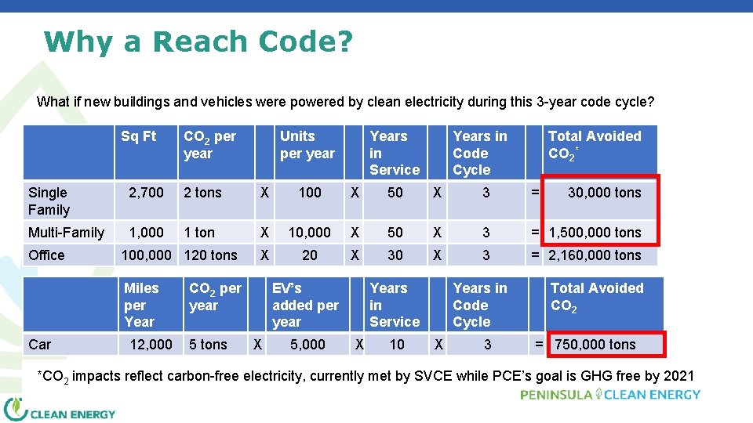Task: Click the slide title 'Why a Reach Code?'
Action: click(198, 42)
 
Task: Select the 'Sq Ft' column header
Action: click(138, 137)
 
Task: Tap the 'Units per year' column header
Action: click(307, 145)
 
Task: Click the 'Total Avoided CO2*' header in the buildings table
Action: click(594, 145)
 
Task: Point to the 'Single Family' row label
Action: click(49, 201)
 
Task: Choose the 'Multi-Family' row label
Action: click(66, 233)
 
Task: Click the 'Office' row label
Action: click(47, 255)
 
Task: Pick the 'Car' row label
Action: click(40, 345)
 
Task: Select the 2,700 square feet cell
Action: click(146, 193)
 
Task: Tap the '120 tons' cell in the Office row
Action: click(210, 255)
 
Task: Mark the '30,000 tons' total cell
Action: click(604, 193)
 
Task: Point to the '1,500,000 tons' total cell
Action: click(595, 233)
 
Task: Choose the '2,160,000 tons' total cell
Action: click(595, 255)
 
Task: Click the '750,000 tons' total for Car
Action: click(595, 345)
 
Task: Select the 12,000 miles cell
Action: click(151, 345)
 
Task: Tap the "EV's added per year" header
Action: click(305, 305)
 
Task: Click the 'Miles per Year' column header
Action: click(140, 305)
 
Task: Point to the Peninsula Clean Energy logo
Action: click(610, 394)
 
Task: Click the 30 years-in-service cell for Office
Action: click(395, 255)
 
